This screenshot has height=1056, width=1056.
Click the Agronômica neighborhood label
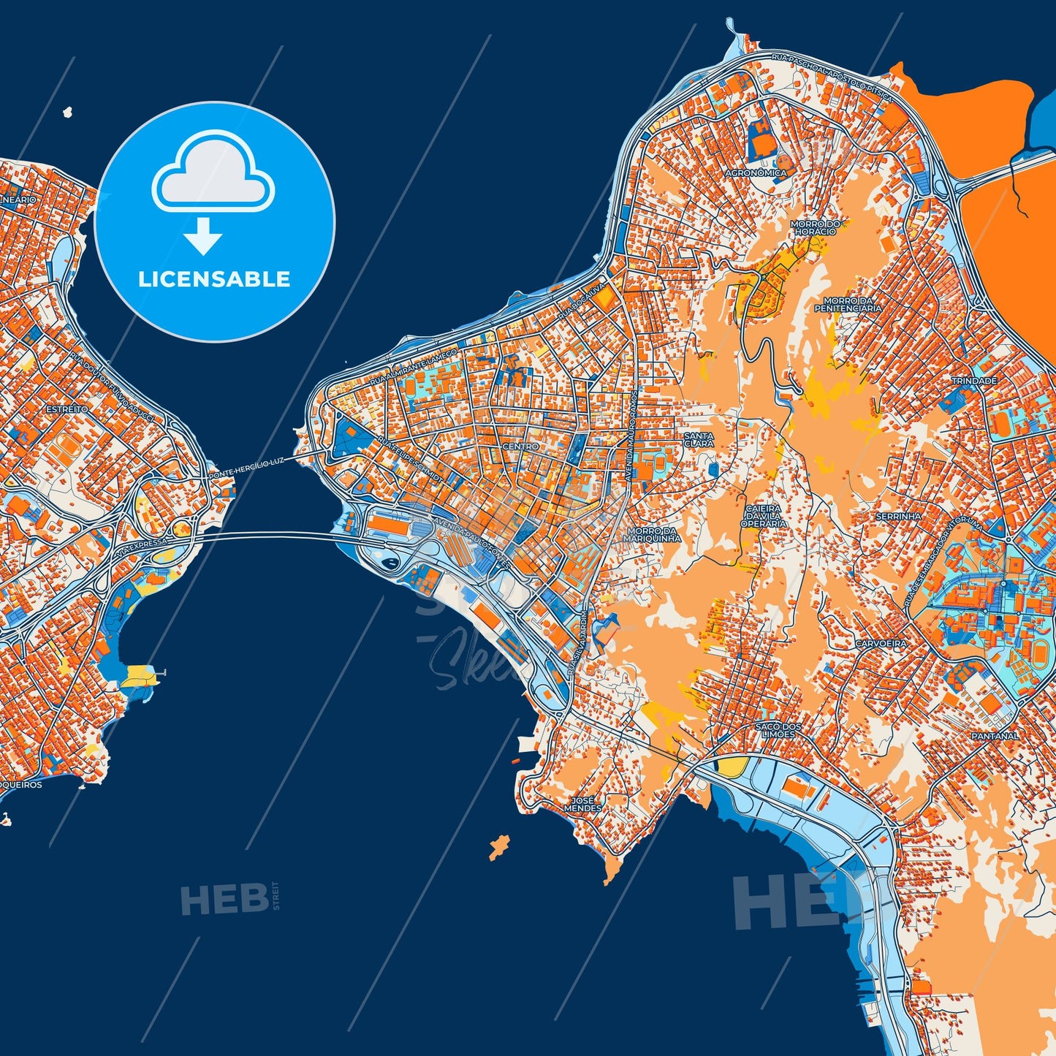coord(756,173)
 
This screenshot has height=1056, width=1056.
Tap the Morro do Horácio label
coord(816,227)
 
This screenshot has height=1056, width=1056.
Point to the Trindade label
coord(974,381)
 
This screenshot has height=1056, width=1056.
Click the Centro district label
coord(520,446)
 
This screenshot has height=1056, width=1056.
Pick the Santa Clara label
coord(698,439)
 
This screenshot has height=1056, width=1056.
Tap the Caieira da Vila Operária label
coord(764,516)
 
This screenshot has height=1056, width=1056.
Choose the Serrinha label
coord(898,516)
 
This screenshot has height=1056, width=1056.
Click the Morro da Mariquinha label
coord(652,534)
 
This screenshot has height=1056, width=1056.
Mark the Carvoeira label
coord(881,644)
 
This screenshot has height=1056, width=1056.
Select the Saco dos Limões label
coord(778,729)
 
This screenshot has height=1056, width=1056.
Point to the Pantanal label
coord(995,736)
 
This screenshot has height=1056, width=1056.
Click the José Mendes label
coord(583,804)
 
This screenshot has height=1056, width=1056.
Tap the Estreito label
coord(67,409)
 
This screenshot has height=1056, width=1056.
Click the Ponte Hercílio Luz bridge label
coord(246,468)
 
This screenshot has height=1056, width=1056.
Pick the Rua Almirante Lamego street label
coord(413,367)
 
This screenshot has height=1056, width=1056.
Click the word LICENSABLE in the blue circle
coord(214,279)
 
